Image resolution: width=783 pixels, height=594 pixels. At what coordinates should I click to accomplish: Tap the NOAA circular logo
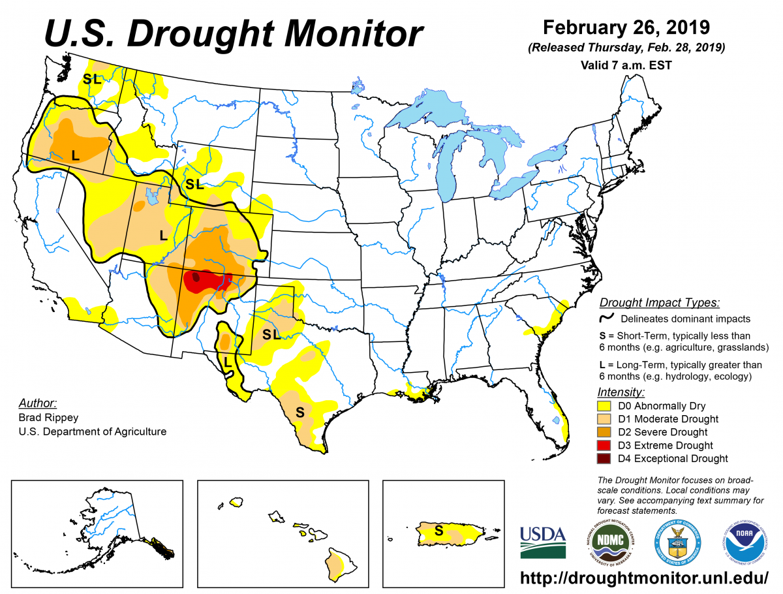click(x=745, y=542)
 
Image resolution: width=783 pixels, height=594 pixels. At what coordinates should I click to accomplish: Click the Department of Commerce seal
click(x=677, y=542)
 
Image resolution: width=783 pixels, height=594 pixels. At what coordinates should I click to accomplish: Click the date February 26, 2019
click(x=626, y=27)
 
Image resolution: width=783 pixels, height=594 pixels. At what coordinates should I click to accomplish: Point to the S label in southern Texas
click(x=299, y=412)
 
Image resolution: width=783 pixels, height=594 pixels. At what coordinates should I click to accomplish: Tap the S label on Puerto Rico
click(x=438, y=531)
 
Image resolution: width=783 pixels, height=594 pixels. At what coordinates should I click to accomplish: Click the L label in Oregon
click(x=75, y=155)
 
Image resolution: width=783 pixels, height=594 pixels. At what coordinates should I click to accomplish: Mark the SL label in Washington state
click(x=91, y=79)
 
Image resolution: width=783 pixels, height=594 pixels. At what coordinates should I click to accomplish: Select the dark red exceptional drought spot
click(x=196, y=277)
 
